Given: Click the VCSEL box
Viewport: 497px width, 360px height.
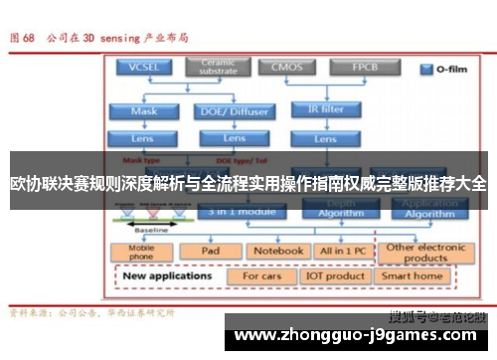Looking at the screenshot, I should pyautogui.click(x=144, y=68).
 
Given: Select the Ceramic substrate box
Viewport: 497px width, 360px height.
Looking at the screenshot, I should pyautogui.click(x=218, y=68).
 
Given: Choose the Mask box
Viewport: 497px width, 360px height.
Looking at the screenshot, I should pyautogui.click(x=144, y=111).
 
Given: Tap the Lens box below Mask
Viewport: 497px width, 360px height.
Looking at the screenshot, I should pyautogui.click(x=144, y=138).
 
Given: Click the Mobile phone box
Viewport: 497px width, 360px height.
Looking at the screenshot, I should pyautogui.click(x=142, y=251).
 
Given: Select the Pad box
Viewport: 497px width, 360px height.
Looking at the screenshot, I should pyautogui.click(x=210, y=251).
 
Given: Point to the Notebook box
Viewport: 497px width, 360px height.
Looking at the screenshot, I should pyautogui.click(x=276, y=251).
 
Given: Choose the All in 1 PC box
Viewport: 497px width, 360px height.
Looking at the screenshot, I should pyautogui.click(x=341, y=251).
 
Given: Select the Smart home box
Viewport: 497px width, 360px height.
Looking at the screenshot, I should pyautogui.click(x=413, y=275).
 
